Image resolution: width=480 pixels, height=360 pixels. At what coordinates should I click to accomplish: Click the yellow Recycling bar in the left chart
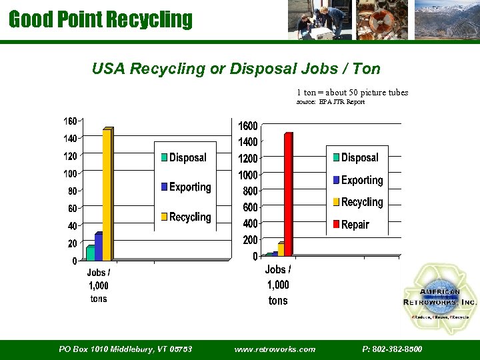107,193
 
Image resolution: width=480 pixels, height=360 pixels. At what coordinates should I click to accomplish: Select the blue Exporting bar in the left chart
99,247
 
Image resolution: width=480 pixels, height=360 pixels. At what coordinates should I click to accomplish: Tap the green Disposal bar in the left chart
90,253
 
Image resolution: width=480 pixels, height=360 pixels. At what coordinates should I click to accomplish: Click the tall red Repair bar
288,193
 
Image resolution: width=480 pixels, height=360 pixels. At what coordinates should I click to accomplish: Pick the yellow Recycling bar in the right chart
281,249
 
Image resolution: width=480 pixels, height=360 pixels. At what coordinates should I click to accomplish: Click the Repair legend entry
355,225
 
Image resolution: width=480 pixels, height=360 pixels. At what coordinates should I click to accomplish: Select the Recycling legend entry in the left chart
189,217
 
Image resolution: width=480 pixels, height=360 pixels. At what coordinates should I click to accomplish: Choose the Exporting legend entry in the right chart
361,180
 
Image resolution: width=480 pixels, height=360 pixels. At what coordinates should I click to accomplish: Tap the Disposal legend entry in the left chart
187,158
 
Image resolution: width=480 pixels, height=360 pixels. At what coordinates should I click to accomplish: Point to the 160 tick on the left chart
70,121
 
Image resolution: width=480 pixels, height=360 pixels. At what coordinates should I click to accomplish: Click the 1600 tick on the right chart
248,126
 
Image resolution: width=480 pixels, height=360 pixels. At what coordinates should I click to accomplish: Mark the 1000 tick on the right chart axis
248,175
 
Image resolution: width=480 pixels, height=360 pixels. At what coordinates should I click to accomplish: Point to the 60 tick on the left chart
72,209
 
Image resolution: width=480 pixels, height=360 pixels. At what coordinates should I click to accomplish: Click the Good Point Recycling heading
100,19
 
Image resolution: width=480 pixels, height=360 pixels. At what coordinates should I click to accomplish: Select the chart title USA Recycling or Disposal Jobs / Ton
236,69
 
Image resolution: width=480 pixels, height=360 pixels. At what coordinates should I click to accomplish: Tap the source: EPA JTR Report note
330,102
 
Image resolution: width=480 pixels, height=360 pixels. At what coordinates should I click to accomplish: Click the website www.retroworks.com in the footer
275,349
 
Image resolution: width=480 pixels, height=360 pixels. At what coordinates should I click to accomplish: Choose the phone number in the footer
392,349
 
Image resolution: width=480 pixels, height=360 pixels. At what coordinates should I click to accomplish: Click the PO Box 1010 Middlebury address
125,349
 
